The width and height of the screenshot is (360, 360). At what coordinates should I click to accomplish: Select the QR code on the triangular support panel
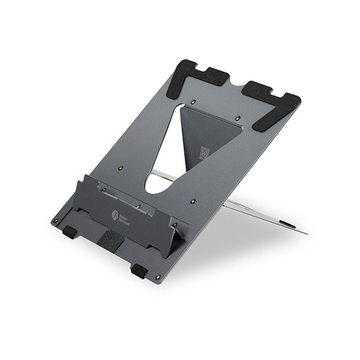(x=205, y=152)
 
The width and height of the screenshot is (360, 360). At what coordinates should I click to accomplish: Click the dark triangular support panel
(x=210, y=135)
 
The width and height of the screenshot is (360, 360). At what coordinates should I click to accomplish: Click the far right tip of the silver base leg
(x=306, y=233)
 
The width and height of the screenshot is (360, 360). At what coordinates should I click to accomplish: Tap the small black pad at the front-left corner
(x=70, y=231)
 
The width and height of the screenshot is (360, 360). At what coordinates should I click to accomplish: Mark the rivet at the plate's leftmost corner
(x=55, y=220)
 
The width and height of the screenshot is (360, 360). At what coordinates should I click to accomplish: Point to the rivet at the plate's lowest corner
(x=158, y=277)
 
